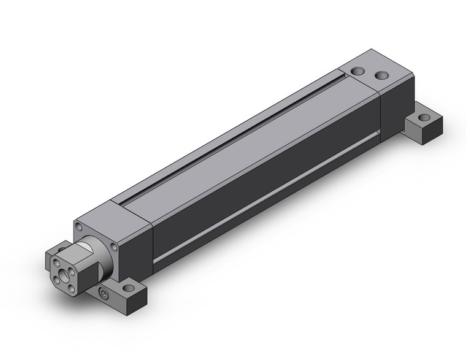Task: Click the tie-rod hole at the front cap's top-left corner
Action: click(80, 228)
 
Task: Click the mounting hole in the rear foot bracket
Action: click(424, 117)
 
